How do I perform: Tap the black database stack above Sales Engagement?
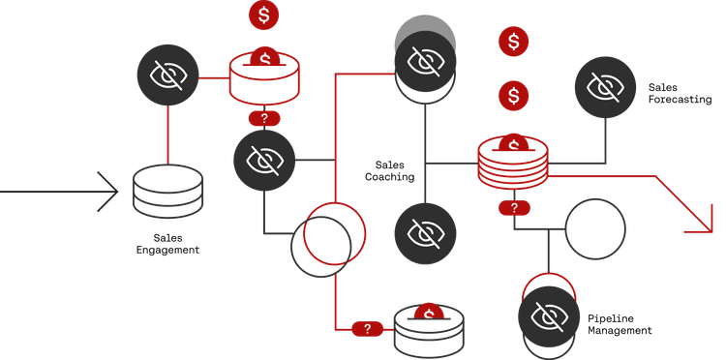coord(166,189)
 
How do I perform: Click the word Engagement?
coord(166,251)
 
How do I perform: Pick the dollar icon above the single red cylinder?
coord(264,15)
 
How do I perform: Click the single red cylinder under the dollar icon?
coord(264,74)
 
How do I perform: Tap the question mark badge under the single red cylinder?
coord(264,118)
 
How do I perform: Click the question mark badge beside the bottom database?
coord(367,329)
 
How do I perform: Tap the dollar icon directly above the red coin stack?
coord(514,96)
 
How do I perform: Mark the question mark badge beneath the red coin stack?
coord(514,208)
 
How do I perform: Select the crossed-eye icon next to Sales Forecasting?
coord(606,87)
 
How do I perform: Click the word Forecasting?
coord(680,100)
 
